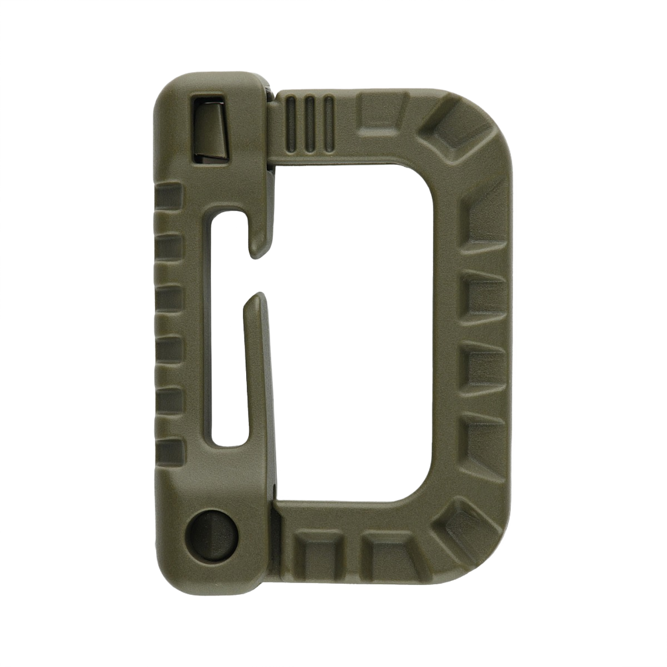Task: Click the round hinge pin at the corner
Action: tap(213, 526)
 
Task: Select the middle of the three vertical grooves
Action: tap(311, 123)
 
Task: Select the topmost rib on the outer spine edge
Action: tap(168, 195)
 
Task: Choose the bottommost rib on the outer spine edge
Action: tap(168, 451)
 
